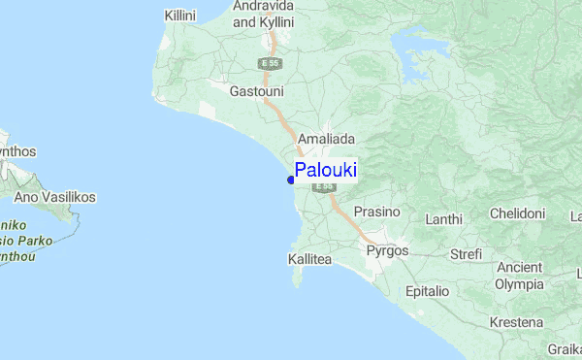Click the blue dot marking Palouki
tap(291, 179)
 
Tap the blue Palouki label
tap(325, 170)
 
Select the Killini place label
tap(180, 16)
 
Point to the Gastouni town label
tap(256, 91)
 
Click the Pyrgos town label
tap(388, 250)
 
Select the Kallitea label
tap(310, 260)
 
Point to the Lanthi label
tap(444, 219)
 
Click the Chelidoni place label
tap(518, 213)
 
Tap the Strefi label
tap(466, 255)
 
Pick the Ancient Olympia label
tap(519, 276)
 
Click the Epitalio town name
tap(427, 291)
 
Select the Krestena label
tap(516, 322)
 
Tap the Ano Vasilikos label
tap(54, 197)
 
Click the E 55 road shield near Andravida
tap(271, 63)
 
